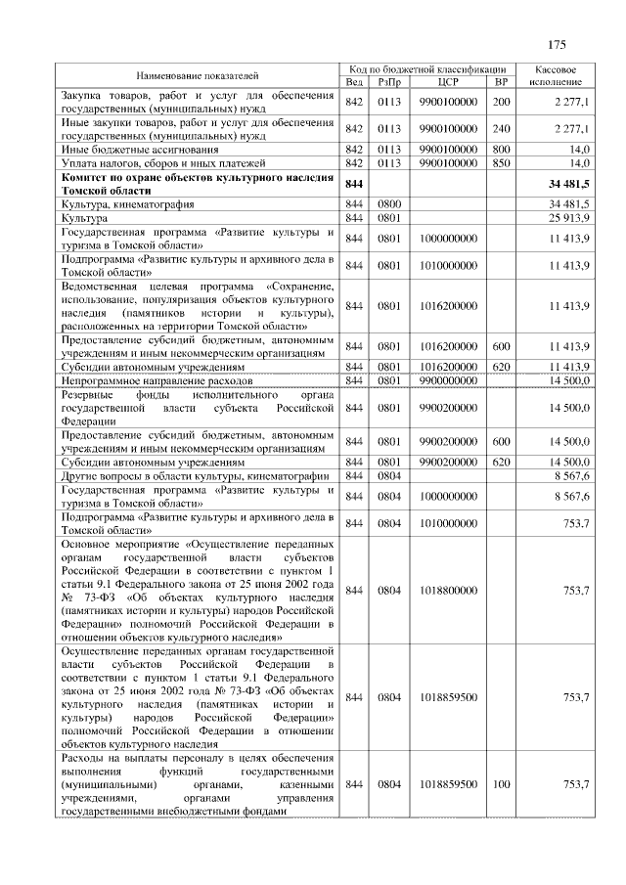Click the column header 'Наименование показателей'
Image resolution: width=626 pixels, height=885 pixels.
(x=197, y=75)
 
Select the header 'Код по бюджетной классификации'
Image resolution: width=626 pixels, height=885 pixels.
(x=427, y=69)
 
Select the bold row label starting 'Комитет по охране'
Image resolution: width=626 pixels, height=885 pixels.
(x=197, y=184)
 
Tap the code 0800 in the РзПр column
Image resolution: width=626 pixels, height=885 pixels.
(x=389, y=204)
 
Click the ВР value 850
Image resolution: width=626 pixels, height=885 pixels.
(x=502, y=163)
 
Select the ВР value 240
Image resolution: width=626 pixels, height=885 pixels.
(x=502, y=129)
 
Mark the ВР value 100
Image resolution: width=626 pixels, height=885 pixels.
(x=502, y=785)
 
